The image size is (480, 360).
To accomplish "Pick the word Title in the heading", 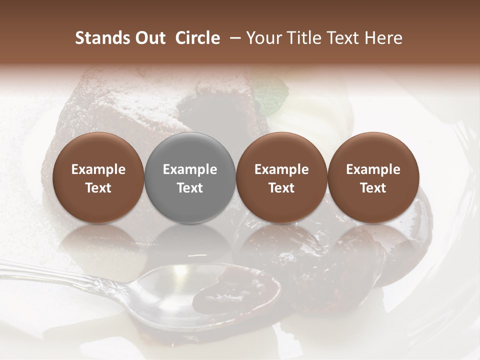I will point(304,38).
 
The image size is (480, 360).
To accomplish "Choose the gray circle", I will point(190,177).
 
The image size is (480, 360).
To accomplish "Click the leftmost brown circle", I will point(98,177).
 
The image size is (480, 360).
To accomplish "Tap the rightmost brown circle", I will point(373,177).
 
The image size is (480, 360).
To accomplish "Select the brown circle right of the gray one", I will point(281,177).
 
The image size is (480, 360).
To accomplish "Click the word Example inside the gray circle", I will point(190,169).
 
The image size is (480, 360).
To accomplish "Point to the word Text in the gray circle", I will point(190,188).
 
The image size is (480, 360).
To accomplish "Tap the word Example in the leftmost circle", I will point(98,169).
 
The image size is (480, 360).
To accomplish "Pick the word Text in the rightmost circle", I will point(373,188).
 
